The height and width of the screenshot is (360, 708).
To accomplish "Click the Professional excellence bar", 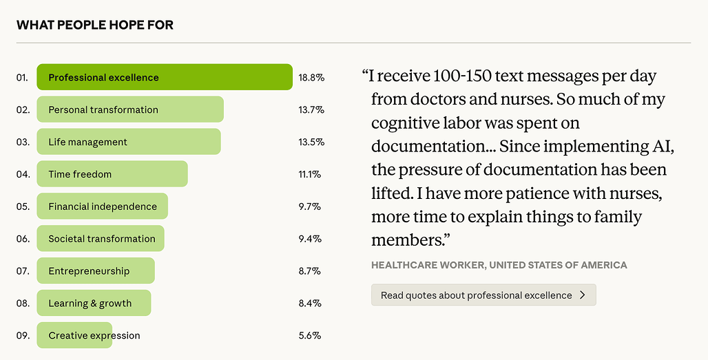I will (x=165, y=77).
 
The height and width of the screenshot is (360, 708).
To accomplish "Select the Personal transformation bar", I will (x=130, y=109).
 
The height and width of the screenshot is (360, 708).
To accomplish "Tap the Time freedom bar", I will (x=112, y=174).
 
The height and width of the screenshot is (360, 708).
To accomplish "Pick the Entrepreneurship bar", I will (x=96, y=271).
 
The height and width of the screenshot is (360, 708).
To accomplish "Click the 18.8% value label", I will (x=311, y=78).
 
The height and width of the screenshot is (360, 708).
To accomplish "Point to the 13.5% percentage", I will (x=311, y=142).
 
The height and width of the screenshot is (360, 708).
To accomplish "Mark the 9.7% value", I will (x=310, y=207).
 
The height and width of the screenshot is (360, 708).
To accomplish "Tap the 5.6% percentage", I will (x=310, y=336).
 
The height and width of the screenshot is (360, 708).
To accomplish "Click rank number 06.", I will (x=23, y=239).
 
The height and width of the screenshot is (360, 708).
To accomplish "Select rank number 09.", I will (x=23, y=336).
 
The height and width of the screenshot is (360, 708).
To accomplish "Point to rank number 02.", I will (x=23, y=110).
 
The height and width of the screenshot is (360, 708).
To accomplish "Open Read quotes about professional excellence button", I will (x=483, y=295).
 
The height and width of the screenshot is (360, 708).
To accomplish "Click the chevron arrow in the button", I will (x=583, y=295).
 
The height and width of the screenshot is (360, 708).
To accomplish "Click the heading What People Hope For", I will (x=95, y=25).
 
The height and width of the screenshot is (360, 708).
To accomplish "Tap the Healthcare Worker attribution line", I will (x=499, y=265).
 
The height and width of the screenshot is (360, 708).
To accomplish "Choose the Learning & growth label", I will (x=90, y=303).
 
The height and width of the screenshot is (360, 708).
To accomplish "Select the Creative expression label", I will (x=94, y=336).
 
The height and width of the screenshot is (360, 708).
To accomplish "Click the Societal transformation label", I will (x=102, y=239).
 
